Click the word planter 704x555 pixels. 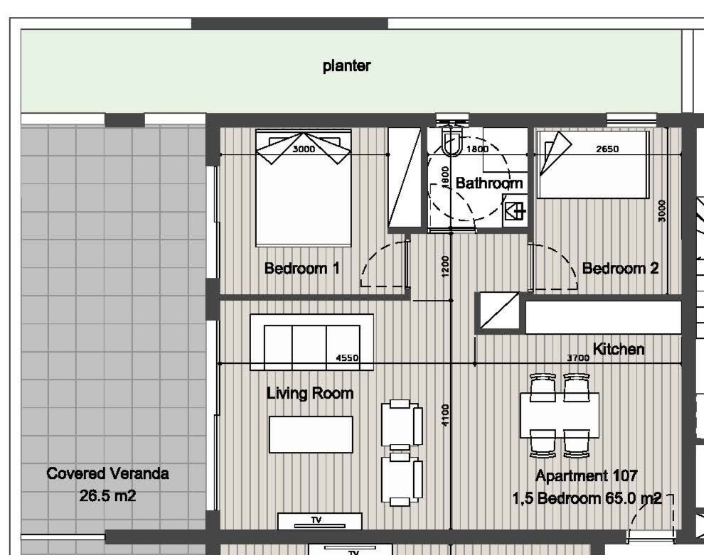(x=346, y=65)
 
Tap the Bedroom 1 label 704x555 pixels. (x=302, y=269)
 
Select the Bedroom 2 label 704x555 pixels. (x=621, y=269)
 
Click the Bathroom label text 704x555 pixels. (x=489, y=183)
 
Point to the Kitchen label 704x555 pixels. (x=618, y=349)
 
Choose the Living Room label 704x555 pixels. (x=310, y=393)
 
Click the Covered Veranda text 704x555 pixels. (x=108, y=473)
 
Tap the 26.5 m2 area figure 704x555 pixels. (x=108, y=496)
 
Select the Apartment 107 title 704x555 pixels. (x=587, y=475)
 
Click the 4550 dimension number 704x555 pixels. (x=347, y=357)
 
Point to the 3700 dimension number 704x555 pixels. (x=578, y=357)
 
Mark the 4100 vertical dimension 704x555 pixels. (x=445, y=415)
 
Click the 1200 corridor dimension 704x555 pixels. (x=445, y=266)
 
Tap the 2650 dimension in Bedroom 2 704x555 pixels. (x=607, y=149)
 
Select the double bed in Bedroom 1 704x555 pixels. (x=304, y=188)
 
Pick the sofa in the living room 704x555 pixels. (x=311, y=343)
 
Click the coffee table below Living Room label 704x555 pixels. (x=311, y=434)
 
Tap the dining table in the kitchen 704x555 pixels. (x=560, y=416)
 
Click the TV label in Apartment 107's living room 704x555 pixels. (x=316, y=519)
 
